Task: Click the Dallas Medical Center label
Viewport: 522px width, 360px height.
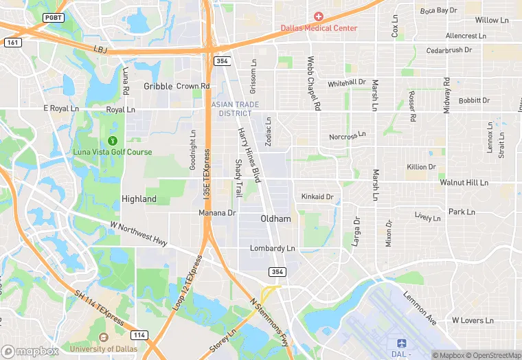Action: [319, 28]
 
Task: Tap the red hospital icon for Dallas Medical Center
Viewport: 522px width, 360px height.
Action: [319, 16]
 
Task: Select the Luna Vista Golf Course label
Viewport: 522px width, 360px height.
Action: [113, 152]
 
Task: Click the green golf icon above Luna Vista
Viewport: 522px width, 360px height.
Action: [113, 140]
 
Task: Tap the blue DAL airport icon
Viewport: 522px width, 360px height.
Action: [401, 342]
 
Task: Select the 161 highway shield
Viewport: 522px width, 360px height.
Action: [11, 42]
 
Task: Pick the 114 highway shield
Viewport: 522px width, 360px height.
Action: [138, 335]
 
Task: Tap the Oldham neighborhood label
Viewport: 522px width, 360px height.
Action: [275, 218]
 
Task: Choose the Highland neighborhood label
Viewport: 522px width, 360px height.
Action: [139, 199]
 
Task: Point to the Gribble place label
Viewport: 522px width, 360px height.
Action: [158, 87]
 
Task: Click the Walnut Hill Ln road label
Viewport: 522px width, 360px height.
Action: [464, 183]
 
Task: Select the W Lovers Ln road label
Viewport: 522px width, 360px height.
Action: [473, 320]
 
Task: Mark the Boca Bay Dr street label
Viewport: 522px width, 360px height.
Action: [438, 10]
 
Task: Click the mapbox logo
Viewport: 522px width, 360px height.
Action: [30, 351]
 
